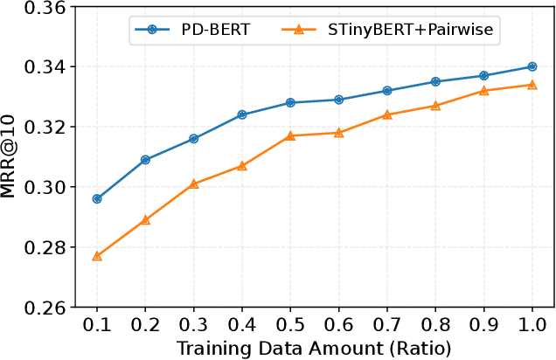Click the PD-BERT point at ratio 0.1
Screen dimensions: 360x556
click(x=97, y=198)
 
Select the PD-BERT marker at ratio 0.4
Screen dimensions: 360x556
click(x=242, y=114)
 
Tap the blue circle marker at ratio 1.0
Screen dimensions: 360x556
click(x=532, y=66)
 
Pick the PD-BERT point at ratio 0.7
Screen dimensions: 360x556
click(x=387, y=91)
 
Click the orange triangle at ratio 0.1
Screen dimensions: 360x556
click(x=97, y=256)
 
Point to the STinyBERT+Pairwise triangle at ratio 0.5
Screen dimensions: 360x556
click(x=290, y=135)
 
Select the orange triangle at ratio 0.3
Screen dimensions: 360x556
click(x=194, y=183)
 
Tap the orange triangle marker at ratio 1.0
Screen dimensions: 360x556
click(x=532, y=85)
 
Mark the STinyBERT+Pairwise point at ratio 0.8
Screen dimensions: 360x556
click(x=435, y=106)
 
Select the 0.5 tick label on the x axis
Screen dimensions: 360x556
click(x=290, y=325)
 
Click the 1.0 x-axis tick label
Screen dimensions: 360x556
click(x=532, y=325)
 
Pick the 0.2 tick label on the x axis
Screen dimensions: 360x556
click(x=145, y=325)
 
